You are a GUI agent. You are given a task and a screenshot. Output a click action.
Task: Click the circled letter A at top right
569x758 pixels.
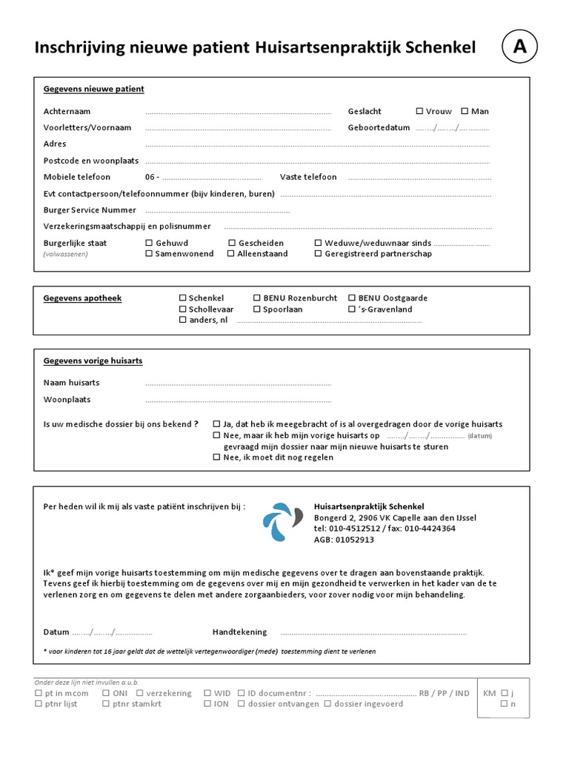tap(521, 47)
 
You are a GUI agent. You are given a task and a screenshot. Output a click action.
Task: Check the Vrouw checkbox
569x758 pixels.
tap(420, 111)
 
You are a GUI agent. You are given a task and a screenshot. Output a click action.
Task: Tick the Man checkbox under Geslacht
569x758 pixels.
tap(465, 111)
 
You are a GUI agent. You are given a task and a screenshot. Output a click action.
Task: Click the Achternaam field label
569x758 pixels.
tap(67, 111)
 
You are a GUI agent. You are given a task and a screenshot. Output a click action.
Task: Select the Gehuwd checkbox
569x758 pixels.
tap(149, 243)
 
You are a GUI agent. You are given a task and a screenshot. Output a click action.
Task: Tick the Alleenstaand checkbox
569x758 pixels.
tap(231, 253)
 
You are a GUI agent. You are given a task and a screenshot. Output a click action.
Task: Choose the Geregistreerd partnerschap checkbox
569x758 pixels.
tap(319, 253)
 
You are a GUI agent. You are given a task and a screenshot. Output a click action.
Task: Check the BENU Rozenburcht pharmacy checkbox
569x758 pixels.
tap(257, 298)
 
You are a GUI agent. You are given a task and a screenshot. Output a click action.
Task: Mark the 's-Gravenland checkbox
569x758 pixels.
tap(352, 309)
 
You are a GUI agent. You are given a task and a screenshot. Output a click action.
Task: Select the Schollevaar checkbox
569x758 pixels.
tap(183, 309)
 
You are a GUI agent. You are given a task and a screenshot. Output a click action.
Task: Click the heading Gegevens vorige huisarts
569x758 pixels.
tap(93, 360)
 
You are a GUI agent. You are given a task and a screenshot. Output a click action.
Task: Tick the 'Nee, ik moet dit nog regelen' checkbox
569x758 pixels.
tap(216, 457)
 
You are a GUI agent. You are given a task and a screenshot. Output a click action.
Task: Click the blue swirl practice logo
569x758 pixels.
tap(282, 522)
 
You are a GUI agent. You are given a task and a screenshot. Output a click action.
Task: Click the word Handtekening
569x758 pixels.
tap(239, 632)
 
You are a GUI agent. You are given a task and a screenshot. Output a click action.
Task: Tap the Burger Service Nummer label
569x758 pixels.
tap(90, 210)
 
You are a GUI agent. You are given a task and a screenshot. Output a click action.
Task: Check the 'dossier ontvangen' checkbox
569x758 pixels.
tap(242, 703)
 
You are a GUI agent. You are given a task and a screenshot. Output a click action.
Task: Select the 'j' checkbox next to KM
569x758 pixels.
tap(505, 693)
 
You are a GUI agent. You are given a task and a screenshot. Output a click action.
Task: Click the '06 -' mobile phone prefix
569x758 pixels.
tap(153, 177)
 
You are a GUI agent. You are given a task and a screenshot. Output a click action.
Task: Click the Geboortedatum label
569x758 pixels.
tap(379, 127)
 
